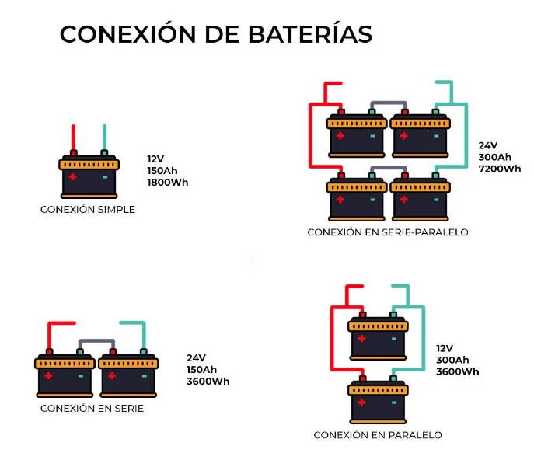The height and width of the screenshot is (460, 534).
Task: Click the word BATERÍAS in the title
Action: tap(310, 33)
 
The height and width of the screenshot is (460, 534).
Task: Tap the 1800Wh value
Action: tap(168, 182)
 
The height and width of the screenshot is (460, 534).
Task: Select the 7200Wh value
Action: tap(500, 169)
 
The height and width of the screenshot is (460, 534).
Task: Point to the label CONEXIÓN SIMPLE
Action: tap(88, 209)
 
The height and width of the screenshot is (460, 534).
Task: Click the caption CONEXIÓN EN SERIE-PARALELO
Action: tap(388, 232)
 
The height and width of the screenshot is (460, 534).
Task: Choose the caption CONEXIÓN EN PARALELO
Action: tap(378, 435)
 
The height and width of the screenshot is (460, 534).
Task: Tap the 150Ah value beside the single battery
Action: tap(162, 171)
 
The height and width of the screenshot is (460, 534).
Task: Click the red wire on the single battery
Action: tap(73, 137)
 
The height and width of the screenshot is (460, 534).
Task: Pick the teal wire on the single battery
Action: tap(105, 137)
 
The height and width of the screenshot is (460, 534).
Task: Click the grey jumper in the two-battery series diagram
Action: tap(96, 341)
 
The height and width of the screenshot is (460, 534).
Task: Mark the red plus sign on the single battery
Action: tap(72, 176)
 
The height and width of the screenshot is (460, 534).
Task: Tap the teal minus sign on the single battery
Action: tap(105, 177)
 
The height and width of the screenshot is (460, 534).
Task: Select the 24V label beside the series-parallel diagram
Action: tap(488, 145)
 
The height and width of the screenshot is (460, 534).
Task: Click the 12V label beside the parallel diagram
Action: tap(445, 348)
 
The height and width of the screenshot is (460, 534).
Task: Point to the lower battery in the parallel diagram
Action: tap(378, 400)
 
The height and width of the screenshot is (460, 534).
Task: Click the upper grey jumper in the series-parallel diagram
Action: tap(388, 103)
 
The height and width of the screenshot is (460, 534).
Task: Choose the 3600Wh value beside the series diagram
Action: tap(208, 381)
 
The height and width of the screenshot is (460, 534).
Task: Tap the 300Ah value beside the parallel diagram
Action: tap(452, 360)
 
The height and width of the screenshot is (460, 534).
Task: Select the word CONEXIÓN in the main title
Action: tap(128, 33)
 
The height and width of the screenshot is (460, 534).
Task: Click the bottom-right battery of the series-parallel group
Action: tap(421, 197)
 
